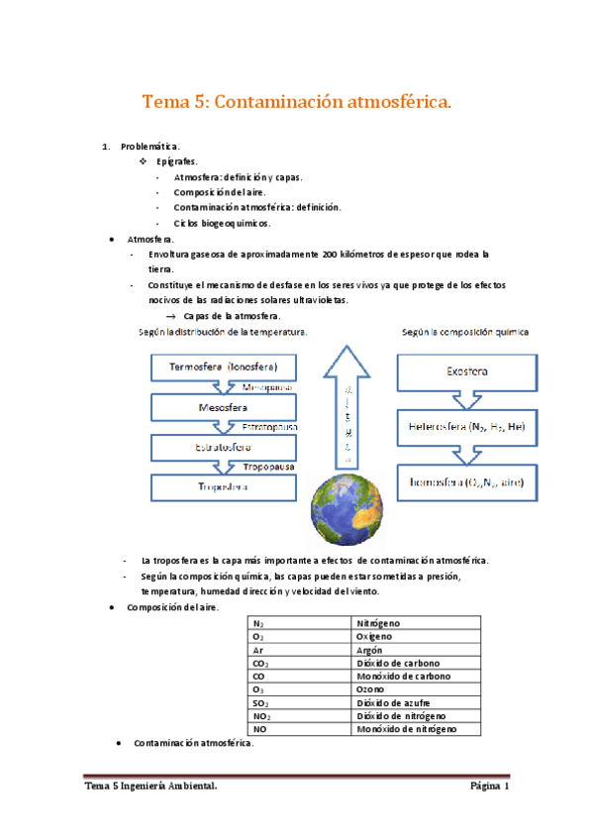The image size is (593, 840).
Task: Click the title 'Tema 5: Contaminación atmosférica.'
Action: [x=297, y=102]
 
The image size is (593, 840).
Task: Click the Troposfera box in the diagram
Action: [x=222, y=486]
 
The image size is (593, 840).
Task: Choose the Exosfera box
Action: [x=464, y=371]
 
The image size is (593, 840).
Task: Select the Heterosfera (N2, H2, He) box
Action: [x=465, y=429]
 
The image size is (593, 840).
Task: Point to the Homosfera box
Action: [x=464, y=484]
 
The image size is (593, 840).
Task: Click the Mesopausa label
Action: [x=267, y=387]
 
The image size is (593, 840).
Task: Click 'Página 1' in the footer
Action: [x=489, y=787]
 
